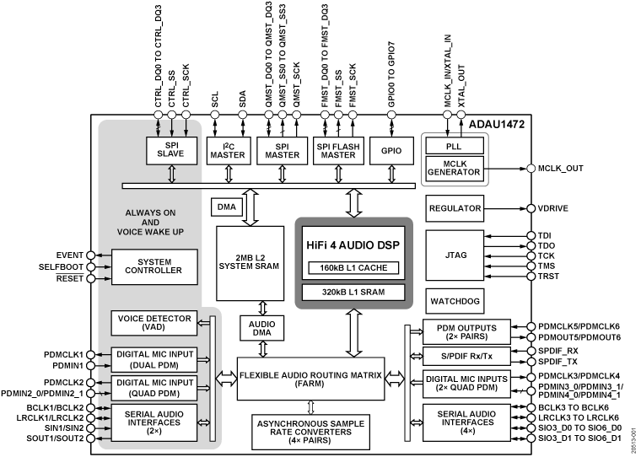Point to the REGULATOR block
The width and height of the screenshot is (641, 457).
tap(455, 208)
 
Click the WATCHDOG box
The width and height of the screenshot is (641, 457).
tap(455, 300)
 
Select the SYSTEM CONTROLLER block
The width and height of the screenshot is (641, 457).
tap(154, 266)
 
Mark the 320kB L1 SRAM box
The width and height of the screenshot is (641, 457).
tap(353, 293)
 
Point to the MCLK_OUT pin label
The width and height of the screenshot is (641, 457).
tap(560, 169)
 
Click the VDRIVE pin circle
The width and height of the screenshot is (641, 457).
tap(531, 208)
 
